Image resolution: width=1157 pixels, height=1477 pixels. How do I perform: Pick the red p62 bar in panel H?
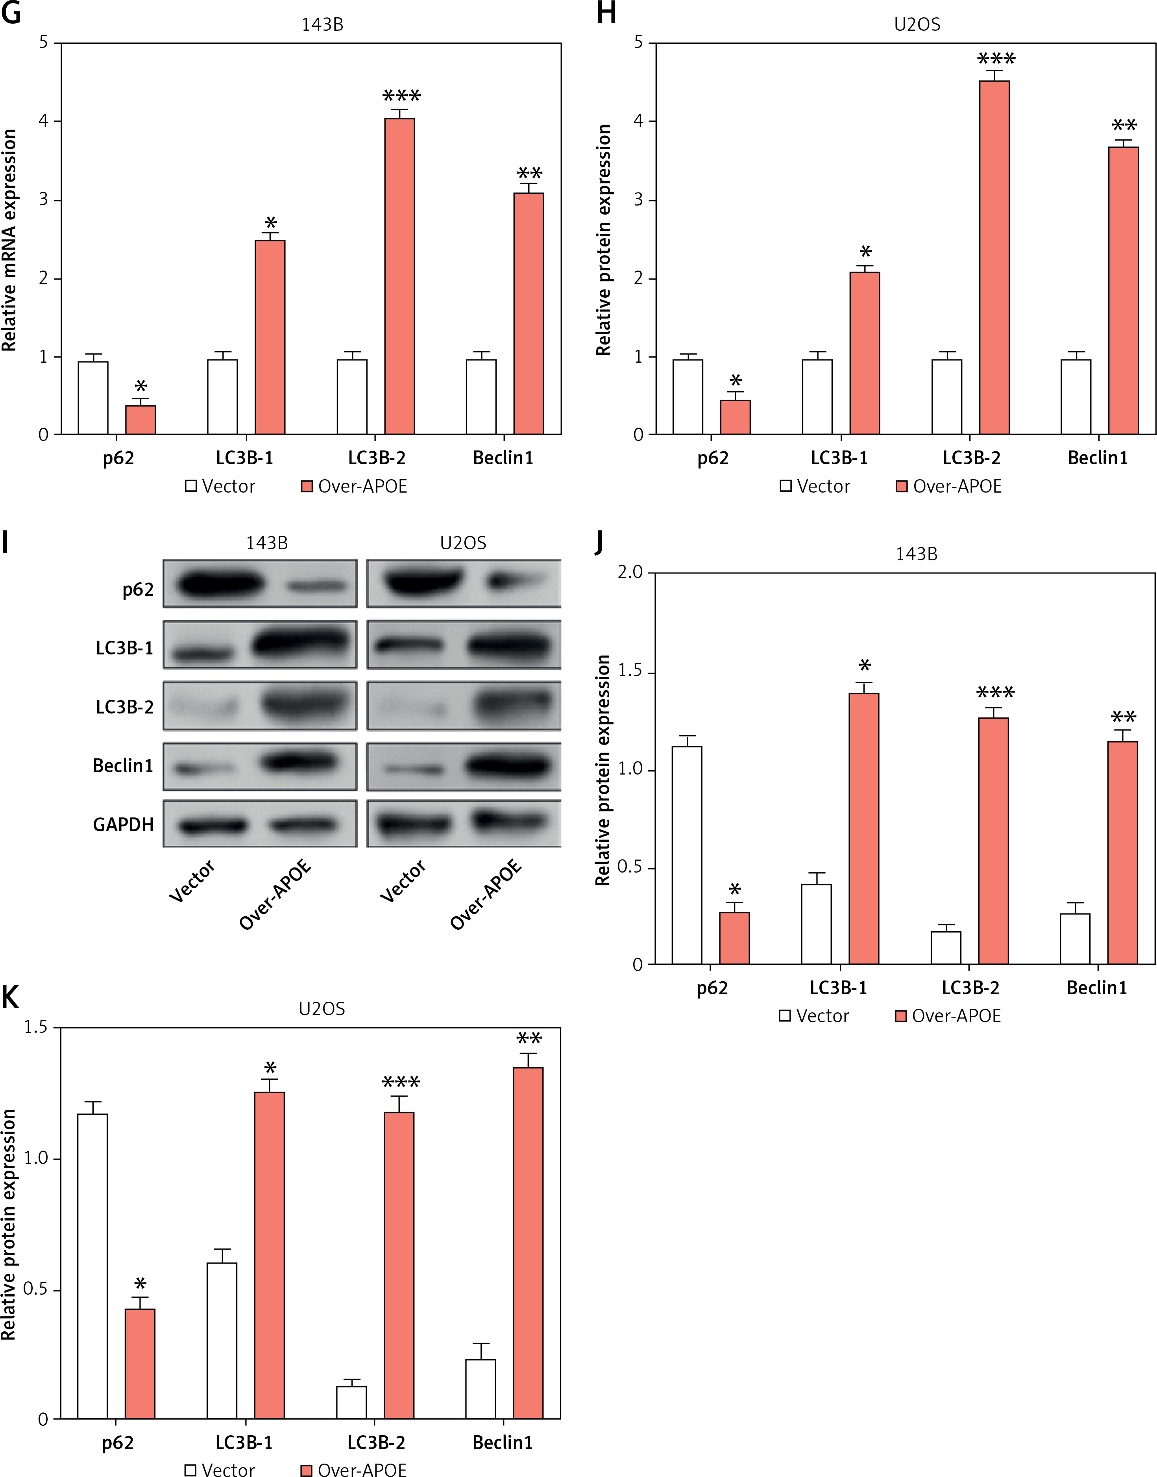(x=735, y=417)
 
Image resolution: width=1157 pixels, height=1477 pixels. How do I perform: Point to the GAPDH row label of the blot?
(x=123, y=824)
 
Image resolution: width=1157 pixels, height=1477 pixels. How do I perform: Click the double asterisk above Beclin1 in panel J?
(x=1123, y=717)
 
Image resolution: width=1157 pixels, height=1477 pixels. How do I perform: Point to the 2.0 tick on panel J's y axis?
(x=630, y=573)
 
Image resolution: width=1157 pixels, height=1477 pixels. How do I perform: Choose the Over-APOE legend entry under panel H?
(x=948, y=486)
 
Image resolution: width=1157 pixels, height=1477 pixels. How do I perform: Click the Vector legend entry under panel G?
(x=220, y=486)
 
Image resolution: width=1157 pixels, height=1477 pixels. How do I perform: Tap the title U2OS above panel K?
(x=322, y=1008)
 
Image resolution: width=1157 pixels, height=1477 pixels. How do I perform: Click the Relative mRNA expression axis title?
(x=9, y=241)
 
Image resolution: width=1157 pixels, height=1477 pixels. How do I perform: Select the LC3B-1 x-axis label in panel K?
(x=244, y=1442)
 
